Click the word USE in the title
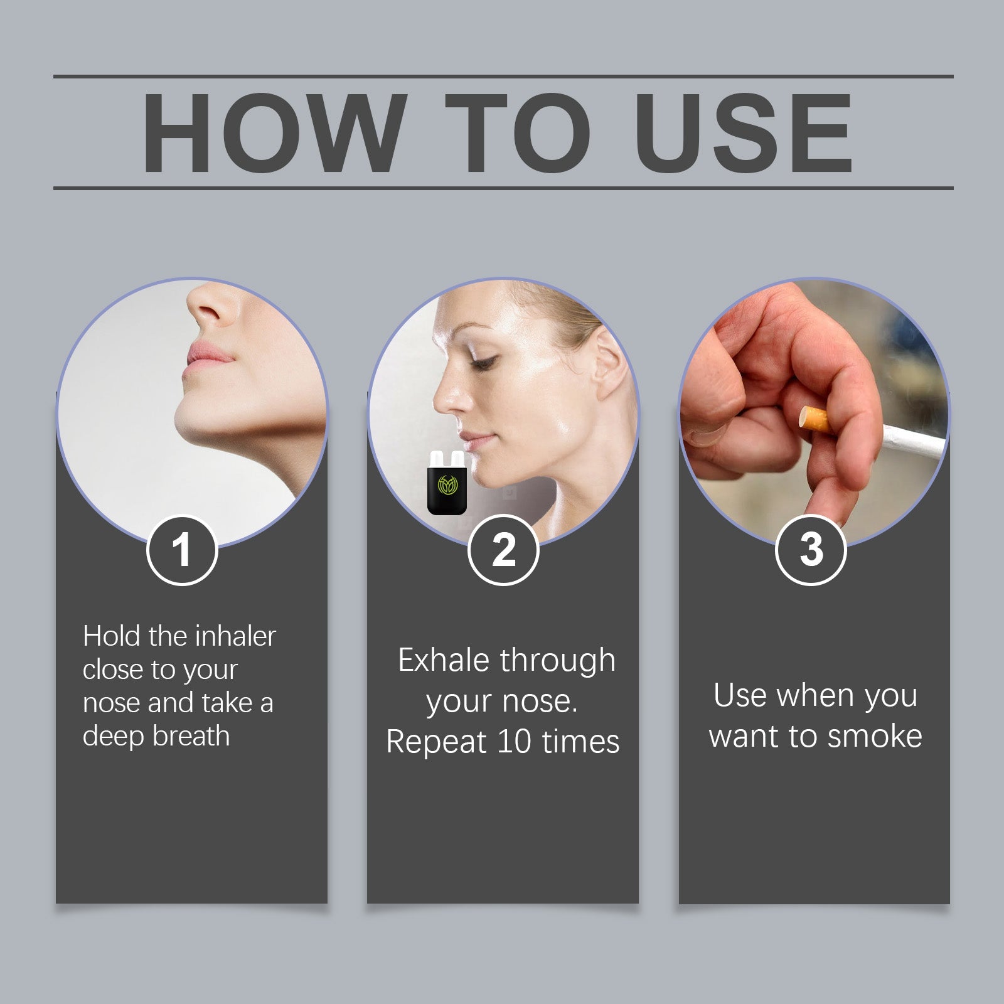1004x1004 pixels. pos(743,132)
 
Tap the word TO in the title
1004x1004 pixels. pos(518,132)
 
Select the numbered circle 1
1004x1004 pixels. pos(182,550)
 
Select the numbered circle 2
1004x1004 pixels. pos(503,550)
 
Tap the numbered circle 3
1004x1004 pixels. pos(811,550)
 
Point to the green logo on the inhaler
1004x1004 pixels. pos(447,484)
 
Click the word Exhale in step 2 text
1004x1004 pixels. pos(443,661)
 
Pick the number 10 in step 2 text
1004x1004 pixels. pos(514,742)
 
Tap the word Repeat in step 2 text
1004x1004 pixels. pos(436,742)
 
